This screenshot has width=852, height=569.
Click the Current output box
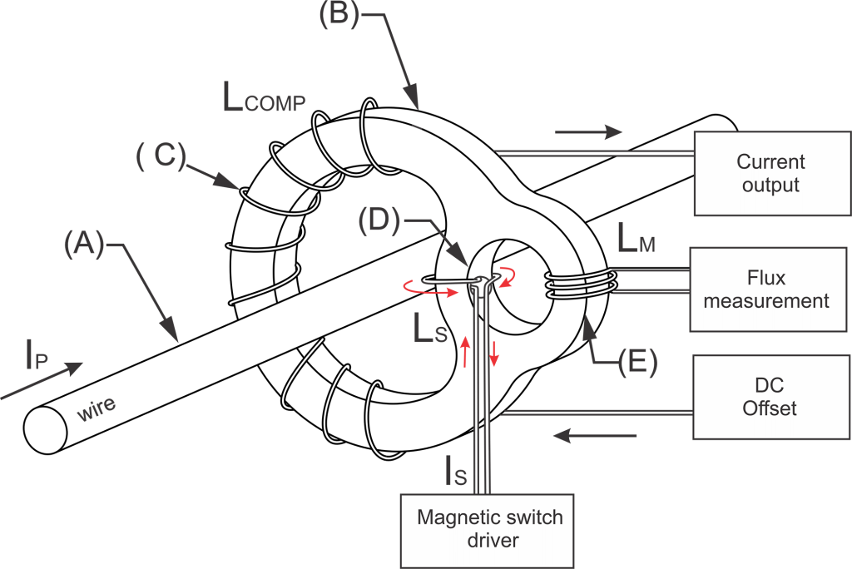tap(771, 173)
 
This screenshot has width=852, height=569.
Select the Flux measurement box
tap(766, 289)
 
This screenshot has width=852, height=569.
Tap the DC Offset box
tap(770, 397)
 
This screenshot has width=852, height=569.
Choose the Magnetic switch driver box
tap(489, 529)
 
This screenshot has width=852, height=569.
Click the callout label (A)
tap(84, 245)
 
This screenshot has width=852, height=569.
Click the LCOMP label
tap(265, 100)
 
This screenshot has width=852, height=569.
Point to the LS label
tap(431, 329)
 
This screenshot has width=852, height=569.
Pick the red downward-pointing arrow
tap(494, 354)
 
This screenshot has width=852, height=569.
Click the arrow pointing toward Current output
tap(588, 132)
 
